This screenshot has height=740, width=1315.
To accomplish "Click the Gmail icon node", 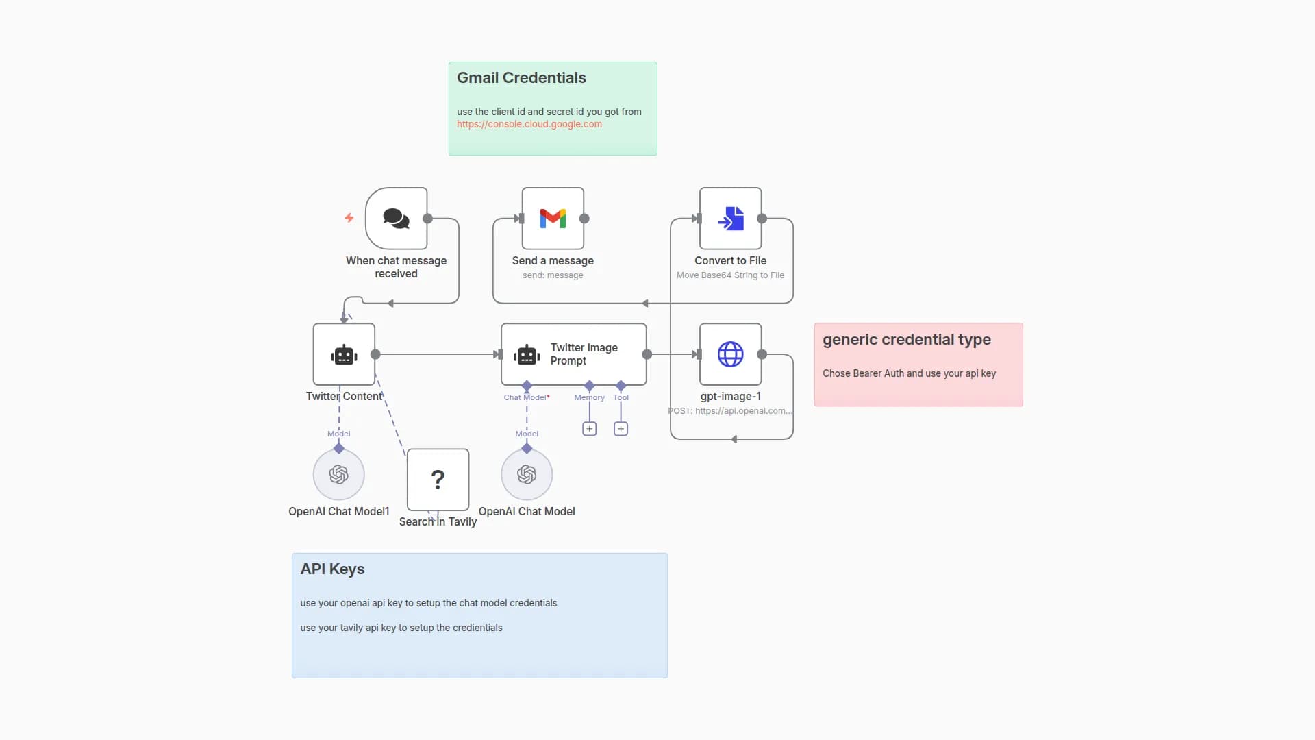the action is pyautogui.click(x=553, y=219).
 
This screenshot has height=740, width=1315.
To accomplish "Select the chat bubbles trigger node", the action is pyautogui.click(x=396, y=219).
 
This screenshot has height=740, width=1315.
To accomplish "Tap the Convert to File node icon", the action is pyautogui.click(x=730, y=219).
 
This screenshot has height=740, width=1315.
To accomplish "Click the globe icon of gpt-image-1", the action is pyautogui.click(x=730, y=354).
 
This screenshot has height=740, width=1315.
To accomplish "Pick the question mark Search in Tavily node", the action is pyautogui.click(x=438, y=479).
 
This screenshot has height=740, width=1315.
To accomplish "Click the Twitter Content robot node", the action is pyautogui.click(x=344, y=354).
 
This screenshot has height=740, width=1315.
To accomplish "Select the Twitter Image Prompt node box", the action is pyautogui.click(x=574, y=354).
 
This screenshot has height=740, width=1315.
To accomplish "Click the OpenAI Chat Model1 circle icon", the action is pyautogui.click(x=338, y=474).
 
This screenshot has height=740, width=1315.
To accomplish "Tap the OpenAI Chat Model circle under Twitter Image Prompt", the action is pyautogui.click(x=527, y=474).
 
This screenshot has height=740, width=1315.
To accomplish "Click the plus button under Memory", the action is pyautogui.click(x=589, y=429).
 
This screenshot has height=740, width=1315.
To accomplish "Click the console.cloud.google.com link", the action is pyautogui.click(x=529, y=124).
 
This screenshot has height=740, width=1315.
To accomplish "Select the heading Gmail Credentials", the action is pyautogui.click(x=521, y=78).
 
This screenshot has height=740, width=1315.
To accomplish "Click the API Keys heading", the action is pyautogui.click(x=332, y=569).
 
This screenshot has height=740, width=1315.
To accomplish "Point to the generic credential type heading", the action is pyautogui.click(x=906, y=340).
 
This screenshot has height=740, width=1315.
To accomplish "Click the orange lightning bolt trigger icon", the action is pyautogui.click(x=349, y=218).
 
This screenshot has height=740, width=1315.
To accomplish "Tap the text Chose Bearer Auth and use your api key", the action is pyautogui.click(x=909, y=373).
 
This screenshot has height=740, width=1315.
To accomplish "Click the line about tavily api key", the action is pyautogui.click(x=401, y=628).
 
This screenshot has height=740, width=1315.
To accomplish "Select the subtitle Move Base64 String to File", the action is pyautogui.click(x=730, y=275).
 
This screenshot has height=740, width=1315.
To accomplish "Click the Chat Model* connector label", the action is pyautogui.click(x=526, y=397).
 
